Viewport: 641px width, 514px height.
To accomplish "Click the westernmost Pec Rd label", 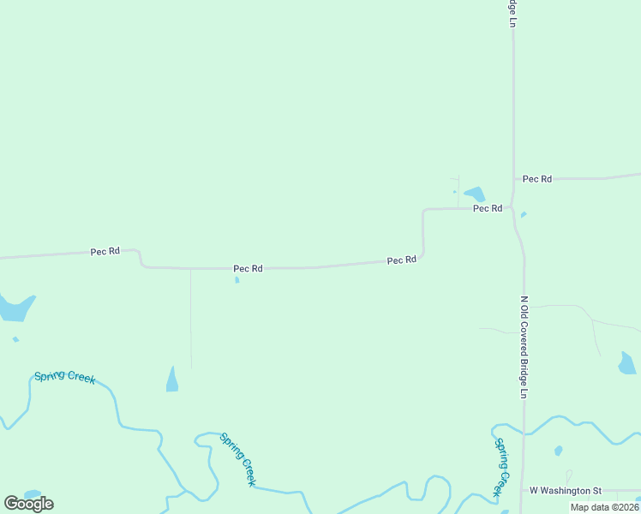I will pos(105,252).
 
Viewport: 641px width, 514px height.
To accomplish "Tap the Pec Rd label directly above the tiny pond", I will pos(248,269).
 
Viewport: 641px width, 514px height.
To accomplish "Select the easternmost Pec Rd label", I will pos(537,179).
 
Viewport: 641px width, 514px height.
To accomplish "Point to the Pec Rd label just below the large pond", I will pos(488,208).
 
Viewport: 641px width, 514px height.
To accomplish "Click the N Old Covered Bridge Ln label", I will pos(524,347).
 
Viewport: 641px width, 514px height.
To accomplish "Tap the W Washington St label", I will pos(560,491).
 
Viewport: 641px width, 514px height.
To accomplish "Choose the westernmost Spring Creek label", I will pos(64,377).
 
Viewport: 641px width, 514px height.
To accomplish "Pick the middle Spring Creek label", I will pos(237,459).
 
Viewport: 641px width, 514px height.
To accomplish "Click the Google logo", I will pos(29,504).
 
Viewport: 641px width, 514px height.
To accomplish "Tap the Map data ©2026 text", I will pos(604,507).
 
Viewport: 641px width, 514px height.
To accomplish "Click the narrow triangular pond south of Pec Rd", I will pos(172,380).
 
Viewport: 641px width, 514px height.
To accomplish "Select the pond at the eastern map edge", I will pos(627,364).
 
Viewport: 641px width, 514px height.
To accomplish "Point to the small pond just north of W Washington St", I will pos(559,451).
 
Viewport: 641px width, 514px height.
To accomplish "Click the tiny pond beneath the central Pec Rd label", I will pos(237,279).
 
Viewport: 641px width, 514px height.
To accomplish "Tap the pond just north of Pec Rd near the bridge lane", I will pos(475,194).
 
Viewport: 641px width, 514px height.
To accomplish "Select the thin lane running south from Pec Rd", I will pos(190,317).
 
